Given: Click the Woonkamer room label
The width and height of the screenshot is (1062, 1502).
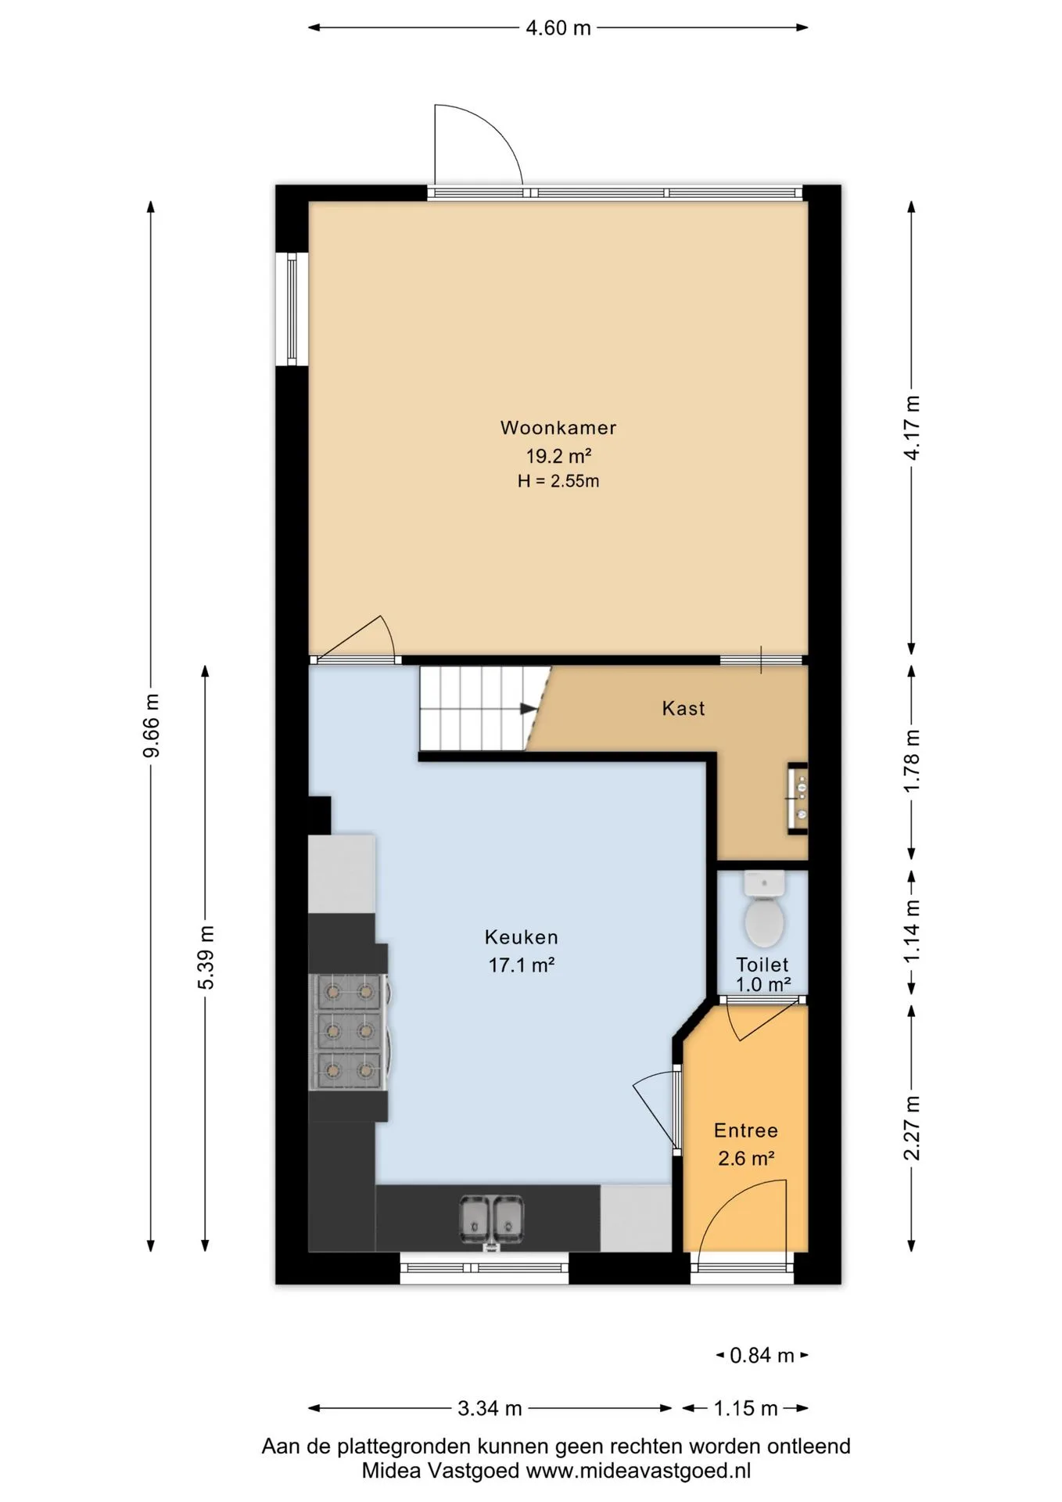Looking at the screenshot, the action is pyautogui.click(x=558, y=428).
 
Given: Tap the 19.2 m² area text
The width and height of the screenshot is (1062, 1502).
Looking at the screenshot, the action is pyautogui.click(x=558, y=455).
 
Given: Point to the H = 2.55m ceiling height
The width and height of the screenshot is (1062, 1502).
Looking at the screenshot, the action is pyautogui.click(x=558, y=481).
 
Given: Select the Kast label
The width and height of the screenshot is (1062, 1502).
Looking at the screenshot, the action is pyautogui.click(x=683, y=708).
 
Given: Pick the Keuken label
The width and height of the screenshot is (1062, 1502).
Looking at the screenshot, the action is pyautogui.click(x=522, y=936).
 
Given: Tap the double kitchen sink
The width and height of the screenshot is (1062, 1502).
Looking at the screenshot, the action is pyautogui.click(x=491, y=1220).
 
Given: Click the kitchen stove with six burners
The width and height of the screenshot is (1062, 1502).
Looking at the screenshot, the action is pyautogui.click(x=349, y=1031).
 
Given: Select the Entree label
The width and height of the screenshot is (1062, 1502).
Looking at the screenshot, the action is pyautogui.click(x=746, y=1130).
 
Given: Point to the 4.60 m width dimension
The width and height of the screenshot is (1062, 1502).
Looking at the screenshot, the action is pyautogui.click(x=558, y=28).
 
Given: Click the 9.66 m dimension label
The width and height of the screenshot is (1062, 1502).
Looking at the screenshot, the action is pyautogui.click(x=151, y=725).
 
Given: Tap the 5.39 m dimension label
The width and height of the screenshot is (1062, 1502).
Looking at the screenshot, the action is pyautogui.click(x=206, y=957).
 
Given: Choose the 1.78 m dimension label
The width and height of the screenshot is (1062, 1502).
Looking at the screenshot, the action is pyautogui.click(x=912, y=760).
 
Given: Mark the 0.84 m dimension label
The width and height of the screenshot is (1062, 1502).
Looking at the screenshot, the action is pyautogui.click(x=762, y=1355).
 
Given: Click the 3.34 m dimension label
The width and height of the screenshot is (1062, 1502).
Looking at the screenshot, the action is pyautogui.click(x=490, y=1408).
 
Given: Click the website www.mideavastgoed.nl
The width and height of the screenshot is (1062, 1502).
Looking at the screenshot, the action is pyautogui.click(x=638, y=1471).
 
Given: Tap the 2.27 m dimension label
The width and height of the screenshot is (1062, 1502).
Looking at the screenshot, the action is pyautogui.click(x=912, y=1127).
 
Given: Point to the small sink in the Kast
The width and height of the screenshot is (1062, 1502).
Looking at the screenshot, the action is pyautogui.click(x=798, y=798).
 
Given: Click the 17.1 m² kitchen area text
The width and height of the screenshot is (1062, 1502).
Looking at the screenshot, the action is pyautogui.click(x=522, y=965).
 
